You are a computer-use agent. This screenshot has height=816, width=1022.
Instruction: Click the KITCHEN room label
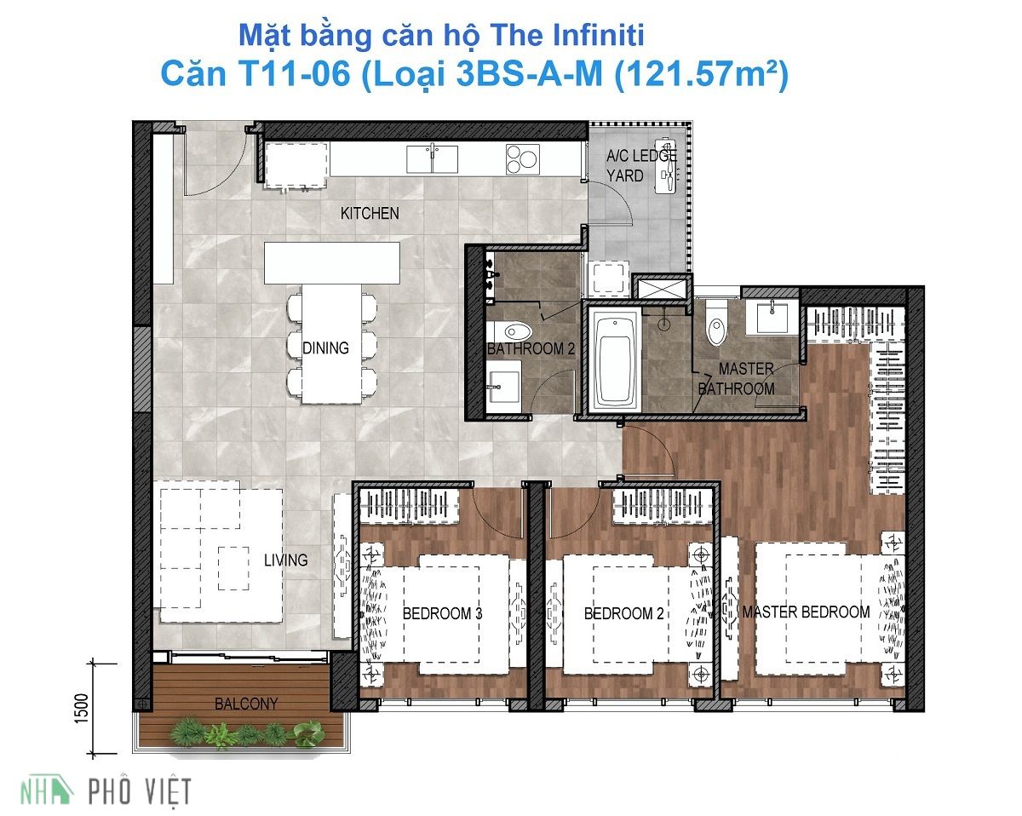coord(369,213)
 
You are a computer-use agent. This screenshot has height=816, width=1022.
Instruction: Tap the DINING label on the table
coord(325,348)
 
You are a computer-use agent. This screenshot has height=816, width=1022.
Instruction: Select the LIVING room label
coord(285,560)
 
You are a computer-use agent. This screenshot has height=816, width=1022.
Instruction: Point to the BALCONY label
coord(245,704)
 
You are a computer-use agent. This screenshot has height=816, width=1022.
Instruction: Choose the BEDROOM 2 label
coord(624,613)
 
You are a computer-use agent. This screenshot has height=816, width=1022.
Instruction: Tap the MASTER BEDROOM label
coord(806,612)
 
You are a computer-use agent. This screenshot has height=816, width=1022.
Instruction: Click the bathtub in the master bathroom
coord(616,359)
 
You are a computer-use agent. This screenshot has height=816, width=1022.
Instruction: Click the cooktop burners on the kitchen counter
coord(522,158)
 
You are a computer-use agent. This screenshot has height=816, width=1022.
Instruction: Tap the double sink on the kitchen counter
coord(432,158)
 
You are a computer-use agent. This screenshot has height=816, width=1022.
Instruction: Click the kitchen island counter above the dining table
coord(331,262)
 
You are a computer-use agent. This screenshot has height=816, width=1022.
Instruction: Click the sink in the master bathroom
coord(772,317)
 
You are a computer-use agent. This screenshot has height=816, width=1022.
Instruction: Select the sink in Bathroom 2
coord(503,379)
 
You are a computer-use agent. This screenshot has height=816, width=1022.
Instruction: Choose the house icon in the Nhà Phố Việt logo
coord(64,790)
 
